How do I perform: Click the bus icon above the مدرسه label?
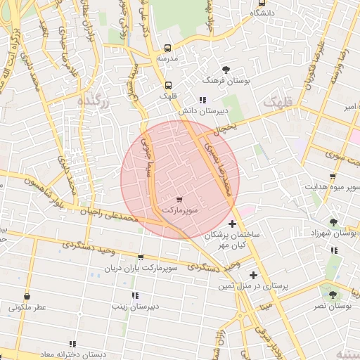pos(167,49)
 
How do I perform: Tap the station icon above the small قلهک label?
pos(167,84)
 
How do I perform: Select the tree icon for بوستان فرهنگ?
pos(226,69)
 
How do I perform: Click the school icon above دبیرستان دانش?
pos(203,101)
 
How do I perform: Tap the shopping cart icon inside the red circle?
pos(180,199)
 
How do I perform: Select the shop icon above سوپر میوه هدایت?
pos(333,176)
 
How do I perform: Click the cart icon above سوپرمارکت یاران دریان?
pos(141,257)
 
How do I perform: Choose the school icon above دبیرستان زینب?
pos(134,295)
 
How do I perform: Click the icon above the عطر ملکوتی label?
pos(27,296)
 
